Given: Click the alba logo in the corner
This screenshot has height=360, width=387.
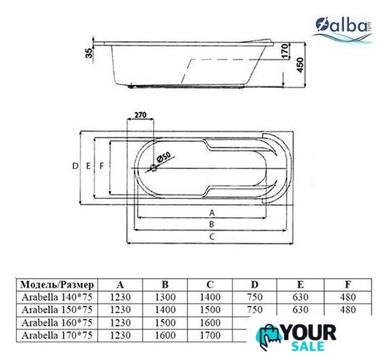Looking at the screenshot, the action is (342, 30).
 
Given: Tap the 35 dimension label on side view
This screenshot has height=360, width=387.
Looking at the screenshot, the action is (89, 53).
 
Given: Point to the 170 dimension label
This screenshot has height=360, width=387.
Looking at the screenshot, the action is (285, 51).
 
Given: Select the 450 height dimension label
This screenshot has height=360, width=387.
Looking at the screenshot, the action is (300, 65).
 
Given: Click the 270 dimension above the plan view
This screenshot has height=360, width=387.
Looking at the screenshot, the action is (140, 115).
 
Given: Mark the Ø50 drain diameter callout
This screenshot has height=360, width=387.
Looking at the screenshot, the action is (163, 157).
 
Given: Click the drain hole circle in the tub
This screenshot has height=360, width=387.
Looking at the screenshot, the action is (154, 168).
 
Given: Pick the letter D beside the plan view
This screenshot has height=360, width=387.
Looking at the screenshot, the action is (75, 166).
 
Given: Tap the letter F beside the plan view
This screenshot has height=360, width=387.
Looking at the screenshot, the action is (102, 166).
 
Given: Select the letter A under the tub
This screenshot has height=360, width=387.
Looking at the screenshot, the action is (211, 213).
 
